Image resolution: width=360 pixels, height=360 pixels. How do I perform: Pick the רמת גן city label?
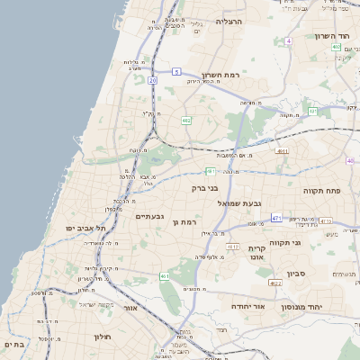[x=185, y=221]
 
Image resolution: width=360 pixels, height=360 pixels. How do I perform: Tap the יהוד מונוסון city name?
[x=303, y=307]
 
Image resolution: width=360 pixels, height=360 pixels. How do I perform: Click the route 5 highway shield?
[x=177, y=70]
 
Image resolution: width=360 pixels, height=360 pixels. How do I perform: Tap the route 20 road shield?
[x=153, y=81]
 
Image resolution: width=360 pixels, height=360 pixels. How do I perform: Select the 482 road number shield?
[x=186, y=120]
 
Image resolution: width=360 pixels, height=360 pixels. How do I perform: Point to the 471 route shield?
[x=276, y=219]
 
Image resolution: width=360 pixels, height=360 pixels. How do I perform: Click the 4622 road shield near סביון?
[x=274, y=283]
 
